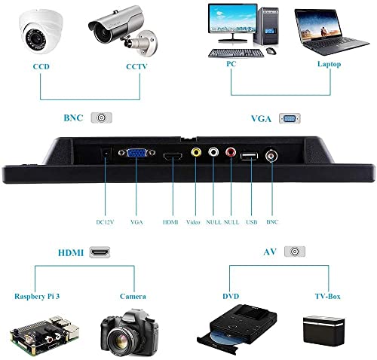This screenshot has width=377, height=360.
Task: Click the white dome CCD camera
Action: pyautogui.click(x=41, y=32)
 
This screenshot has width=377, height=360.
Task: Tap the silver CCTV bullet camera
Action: pyautogui.click(x=123, y=29)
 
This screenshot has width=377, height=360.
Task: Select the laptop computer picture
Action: pyautogui.click(x=330, y=32)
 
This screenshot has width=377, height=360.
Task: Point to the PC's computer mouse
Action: pyautogui.click(x=271, y=50)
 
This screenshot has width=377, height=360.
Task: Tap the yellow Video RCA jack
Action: pyautogui.click(x=196, y=152)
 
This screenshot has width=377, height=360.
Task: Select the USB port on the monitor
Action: pyautogui.click(x=249, y=156)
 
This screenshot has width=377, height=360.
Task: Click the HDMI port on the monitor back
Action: pyautogui.click(x=173, y=157)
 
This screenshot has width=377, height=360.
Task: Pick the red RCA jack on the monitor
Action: pyautogui.click(x=231, y=152)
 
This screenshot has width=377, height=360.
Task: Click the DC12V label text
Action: pyautogui.click(x=105, y=222)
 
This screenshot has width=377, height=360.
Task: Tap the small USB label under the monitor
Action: pyautogui.click(x=252, y=222)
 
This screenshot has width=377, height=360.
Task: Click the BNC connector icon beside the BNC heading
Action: pyautogui.click(x=101, y=117)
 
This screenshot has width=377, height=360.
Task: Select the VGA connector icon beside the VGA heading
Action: pyautogui.click(x=290, y=118)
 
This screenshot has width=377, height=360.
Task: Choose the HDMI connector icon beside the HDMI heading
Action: pyautogui.click(x=100, y=252)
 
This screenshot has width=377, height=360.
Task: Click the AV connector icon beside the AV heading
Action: pyautogui.click(x=295, y=252)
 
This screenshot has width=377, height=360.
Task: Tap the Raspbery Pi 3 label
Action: pyautogui.click(x=37, y=297)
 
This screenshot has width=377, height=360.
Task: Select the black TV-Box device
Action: pyautogui.click(x=323, y=330)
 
